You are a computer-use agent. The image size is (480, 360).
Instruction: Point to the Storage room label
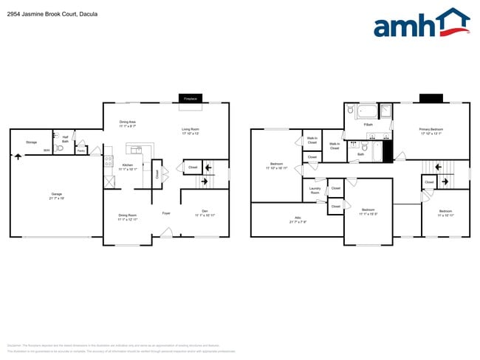click(x=31, y=142)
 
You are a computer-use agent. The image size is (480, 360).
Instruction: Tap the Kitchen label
click(x=128, y=167)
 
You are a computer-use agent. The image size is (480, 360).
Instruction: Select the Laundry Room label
click(x=315, y=191)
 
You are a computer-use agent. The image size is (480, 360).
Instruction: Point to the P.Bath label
click(x=367, y=125)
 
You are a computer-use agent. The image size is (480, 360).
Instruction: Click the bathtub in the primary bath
click(x=366, y=111)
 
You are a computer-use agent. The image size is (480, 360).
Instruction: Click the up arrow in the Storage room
click(x=18, y=156)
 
